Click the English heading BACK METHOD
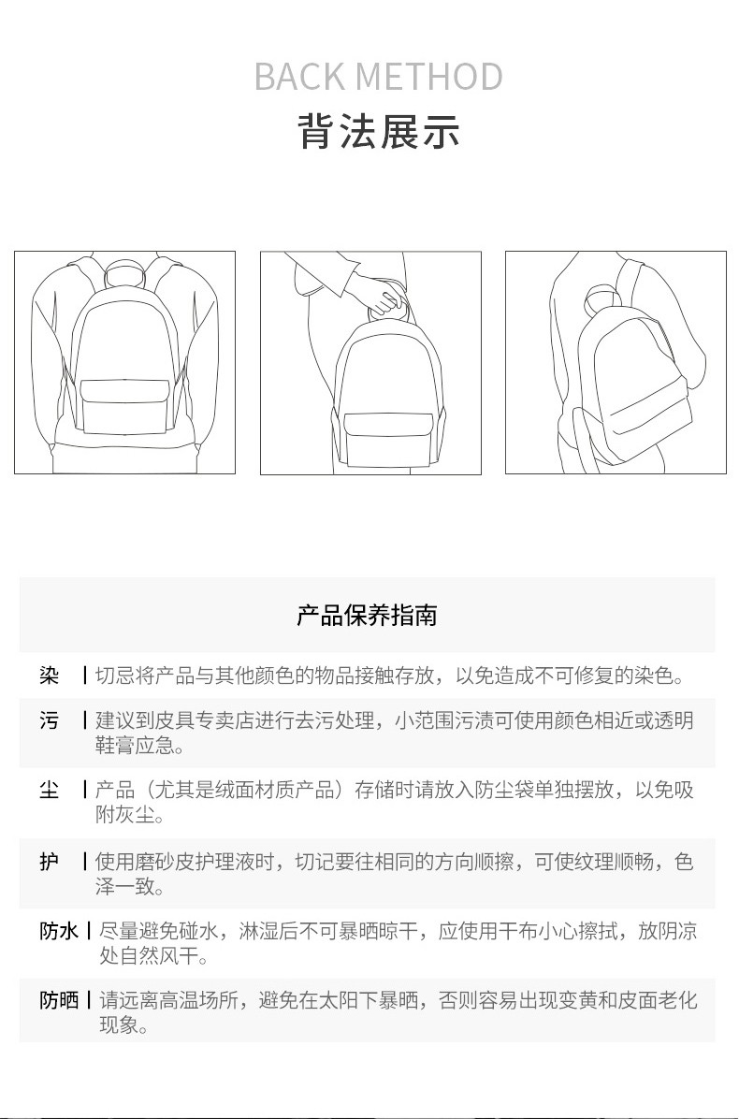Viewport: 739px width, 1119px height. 378,77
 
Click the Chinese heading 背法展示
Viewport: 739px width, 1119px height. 378,131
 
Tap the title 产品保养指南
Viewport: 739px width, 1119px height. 367,615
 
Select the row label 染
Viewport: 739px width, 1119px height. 50,676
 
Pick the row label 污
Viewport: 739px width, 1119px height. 50,720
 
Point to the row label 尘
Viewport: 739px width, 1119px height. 50,790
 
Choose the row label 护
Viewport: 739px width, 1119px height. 50,862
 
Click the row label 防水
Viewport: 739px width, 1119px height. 59,931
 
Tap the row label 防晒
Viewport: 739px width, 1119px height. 59,1000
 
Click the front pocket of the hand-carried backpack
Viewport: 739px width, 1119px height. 389,438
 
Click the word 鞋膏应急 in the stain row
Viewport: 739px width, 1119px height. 135,746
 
